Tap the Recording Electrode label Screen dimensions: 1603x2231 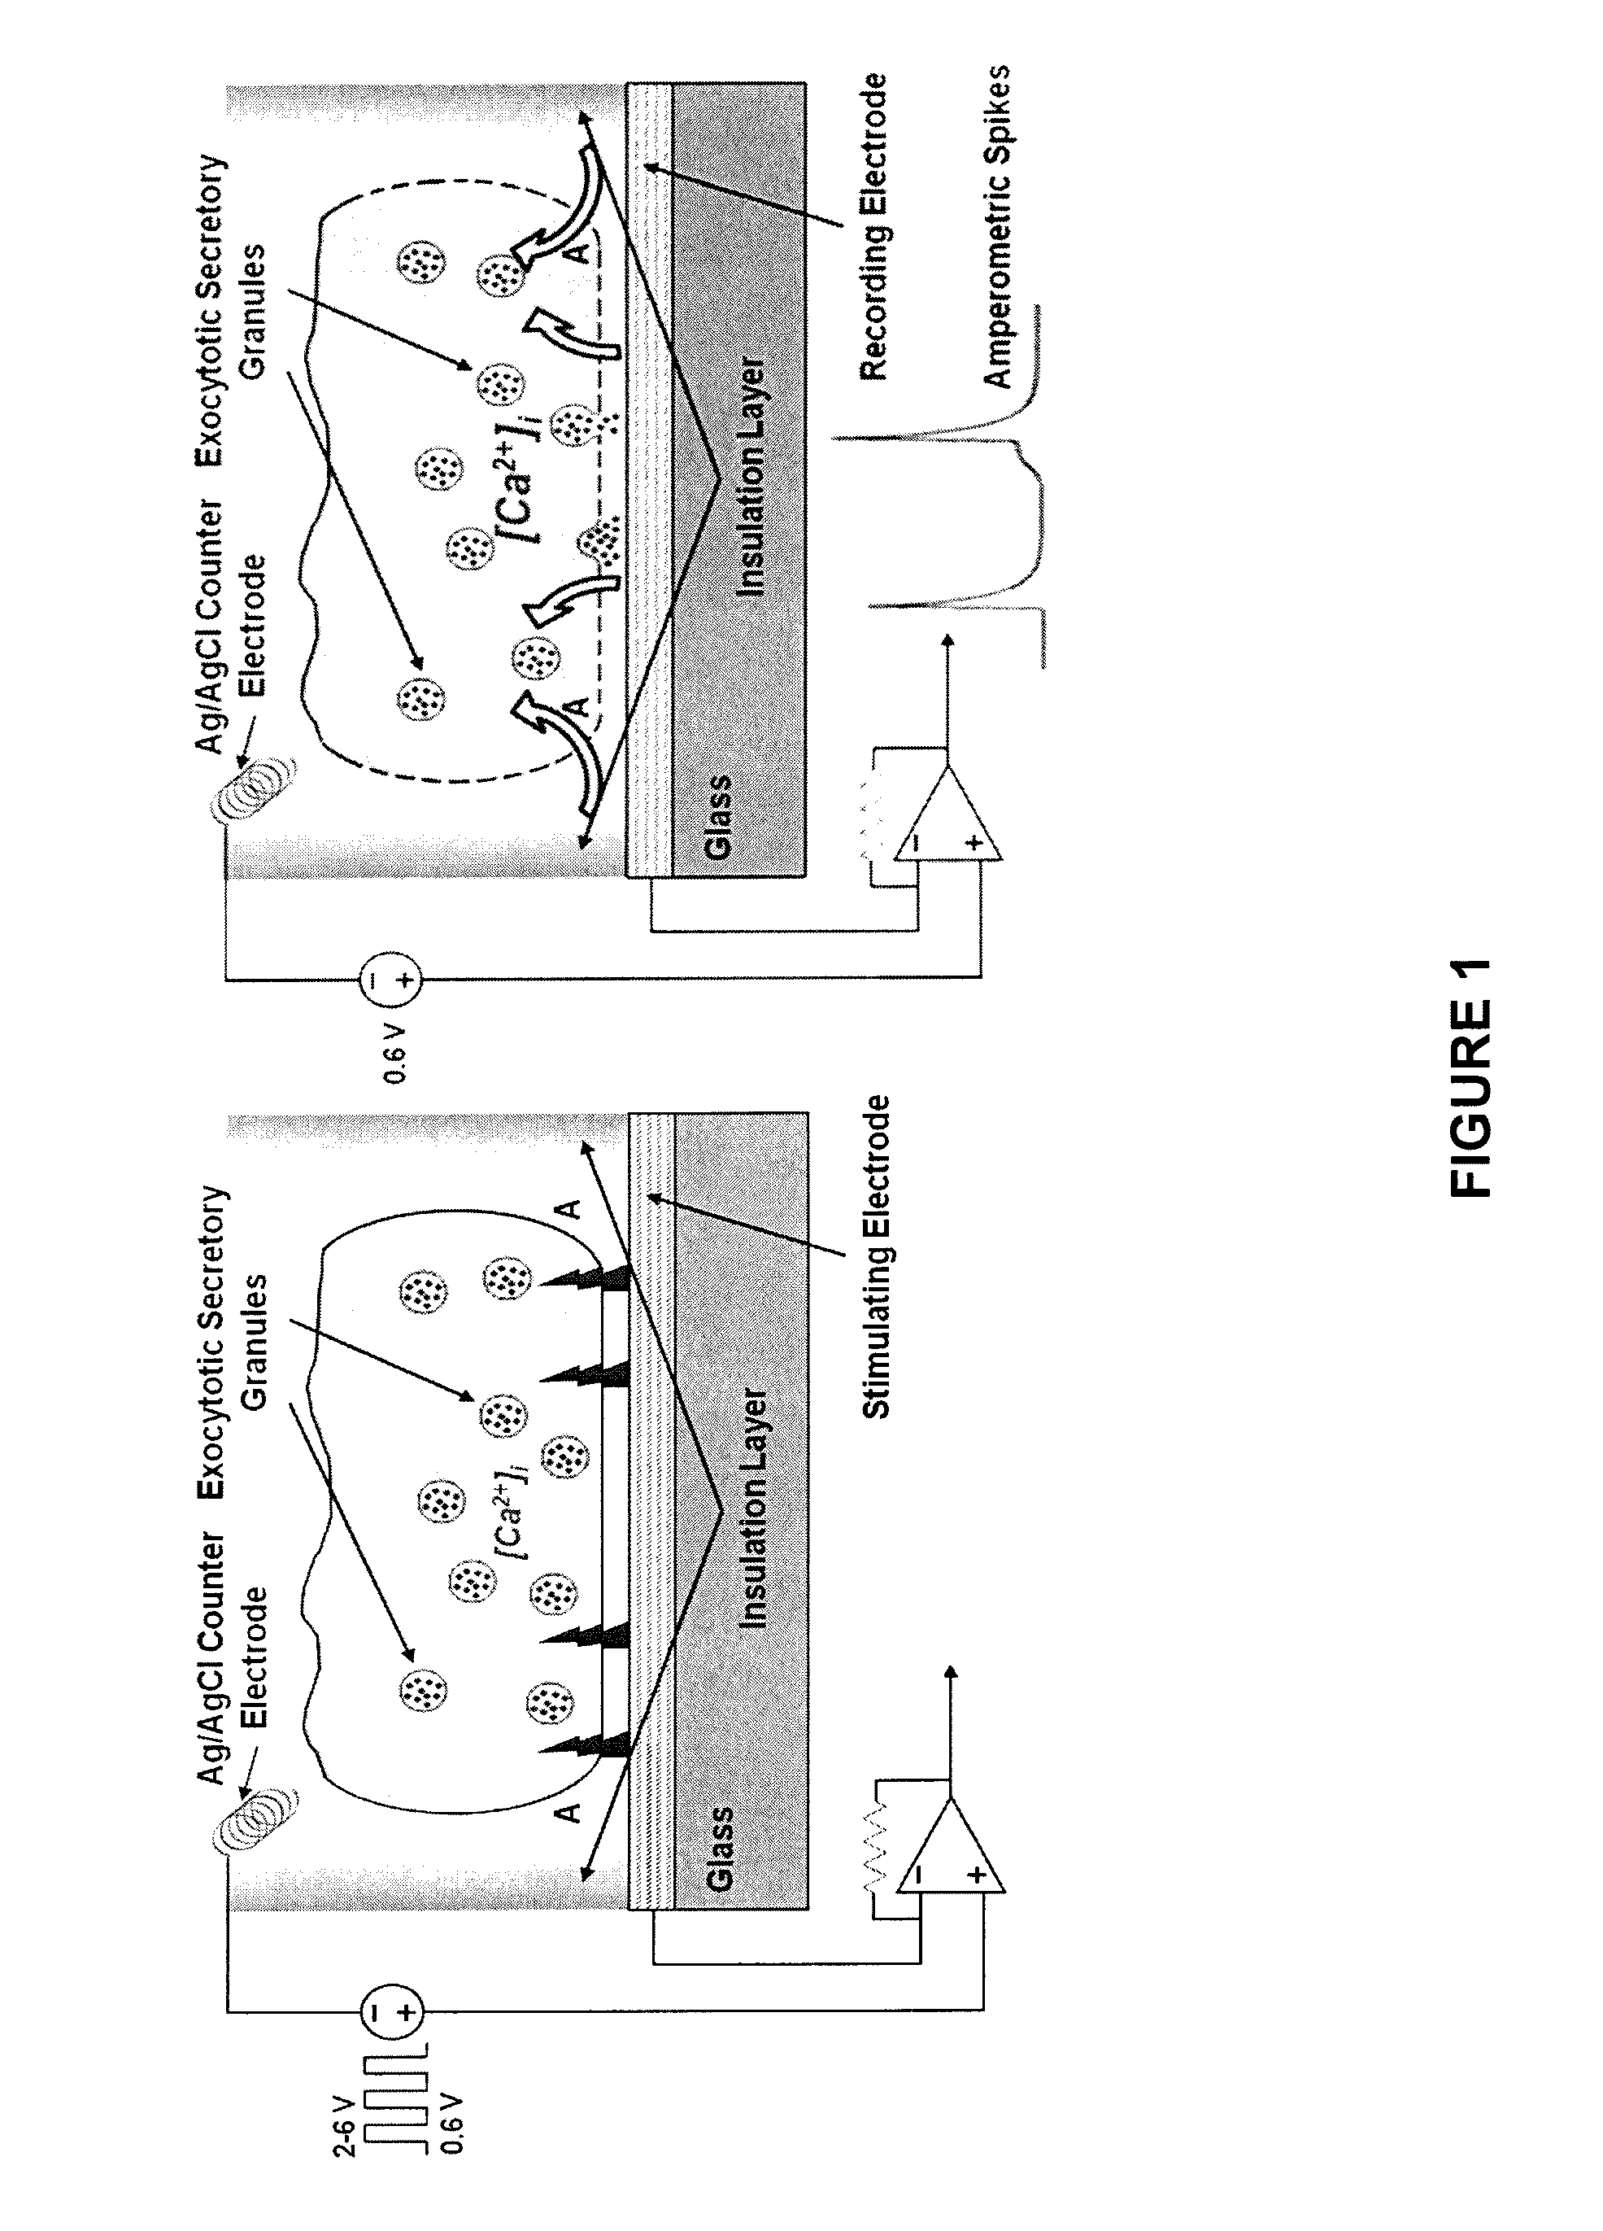[873, 227]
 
